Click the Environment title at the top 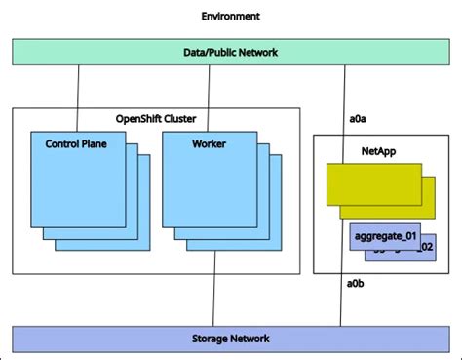click(230, 17)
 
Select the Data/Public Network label click(230, 53)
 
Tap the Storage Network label click(230, 339)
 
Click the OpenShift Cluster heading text click(156, 119)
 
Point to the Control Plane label click(76, 144)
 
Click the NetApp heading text click(377, 151)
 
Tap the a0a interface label click(357, 119)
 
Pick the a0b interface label click(357, 284)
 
